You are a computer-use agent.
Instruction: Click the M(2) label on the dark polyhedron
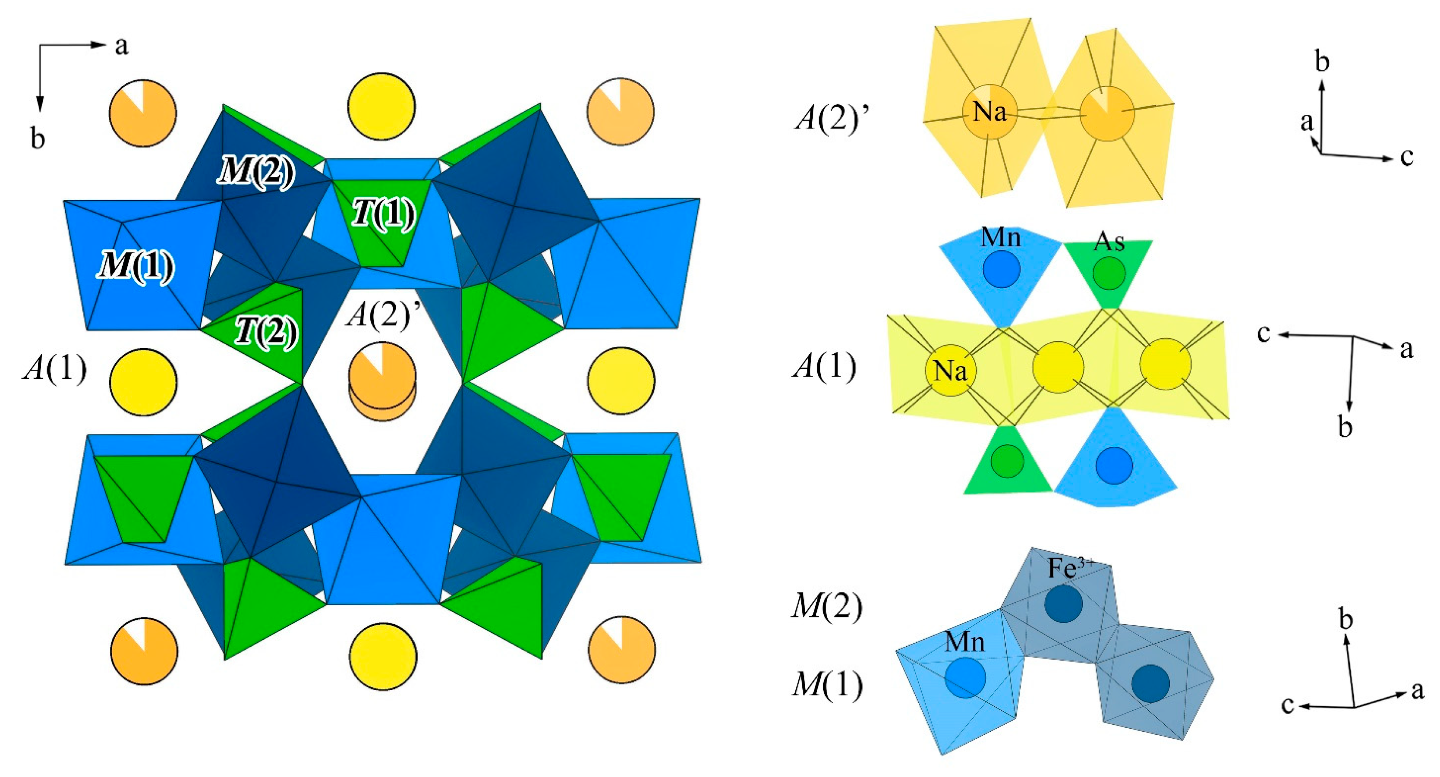point(256,170)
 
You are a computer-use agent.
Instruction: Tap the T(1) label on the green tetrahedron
point(384,214)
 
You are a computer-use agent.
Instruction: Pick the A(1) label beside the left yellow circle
point(55,368)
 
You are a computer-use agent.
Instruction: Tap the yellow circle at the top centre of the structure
point(382,106)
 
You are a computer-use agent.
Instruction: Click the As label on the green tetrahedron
point(1109,242)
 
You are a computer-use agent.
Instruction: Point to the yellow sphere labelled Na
point(950,370)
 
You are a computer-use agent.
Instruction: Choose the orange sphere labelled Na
point(989,112)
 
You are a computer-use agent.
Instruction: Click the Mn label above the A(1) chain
point(1001,238)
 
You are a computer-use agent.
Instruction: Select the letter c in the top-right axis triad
point(1406,157)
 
